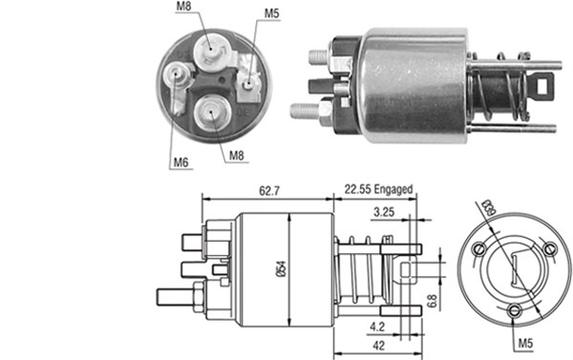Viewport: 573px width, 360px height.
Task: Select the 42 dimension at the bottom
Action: [379, 347]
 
